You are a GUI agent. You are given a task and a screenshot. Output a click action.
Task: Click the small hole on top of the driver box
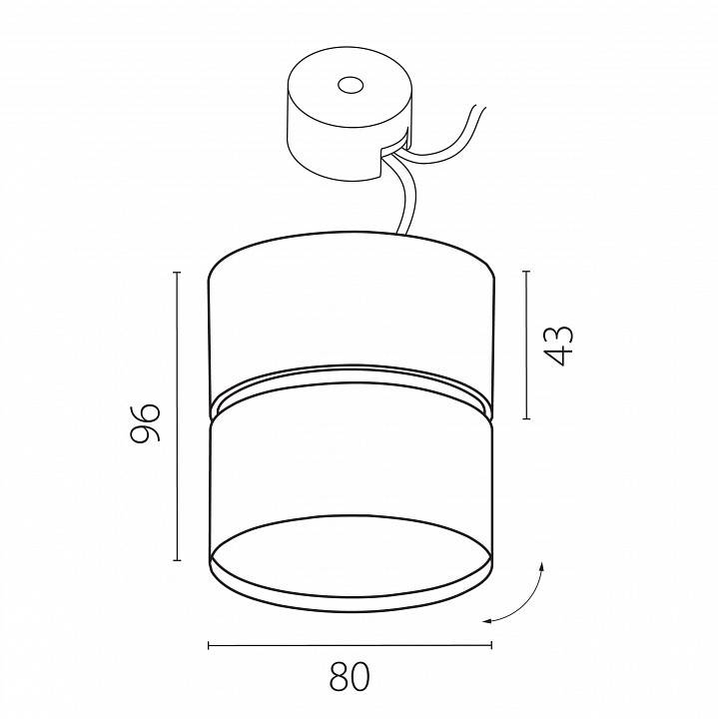pyautogui.click(x=349, y=87)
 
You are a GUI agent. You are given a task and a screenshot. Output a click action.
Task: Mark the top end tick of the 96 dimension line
pyautogui.click(x=176, y=271)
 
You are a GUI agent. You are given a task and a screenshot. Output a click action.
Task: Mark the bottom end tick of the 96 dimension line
pyautogui.click(x=176, y=560)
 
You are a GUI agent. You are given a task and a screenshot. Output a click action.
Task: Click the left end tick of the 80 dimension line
pyautogui.click(x=208, y=646)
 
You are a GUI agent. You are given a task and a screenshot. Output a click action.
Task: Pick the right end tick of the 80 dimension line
pyautogui.click(x=491, y=646)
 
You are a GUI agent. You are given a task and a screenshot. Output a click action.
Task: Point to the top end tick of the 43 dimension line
pyautogui.click(x=526, y=271)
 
